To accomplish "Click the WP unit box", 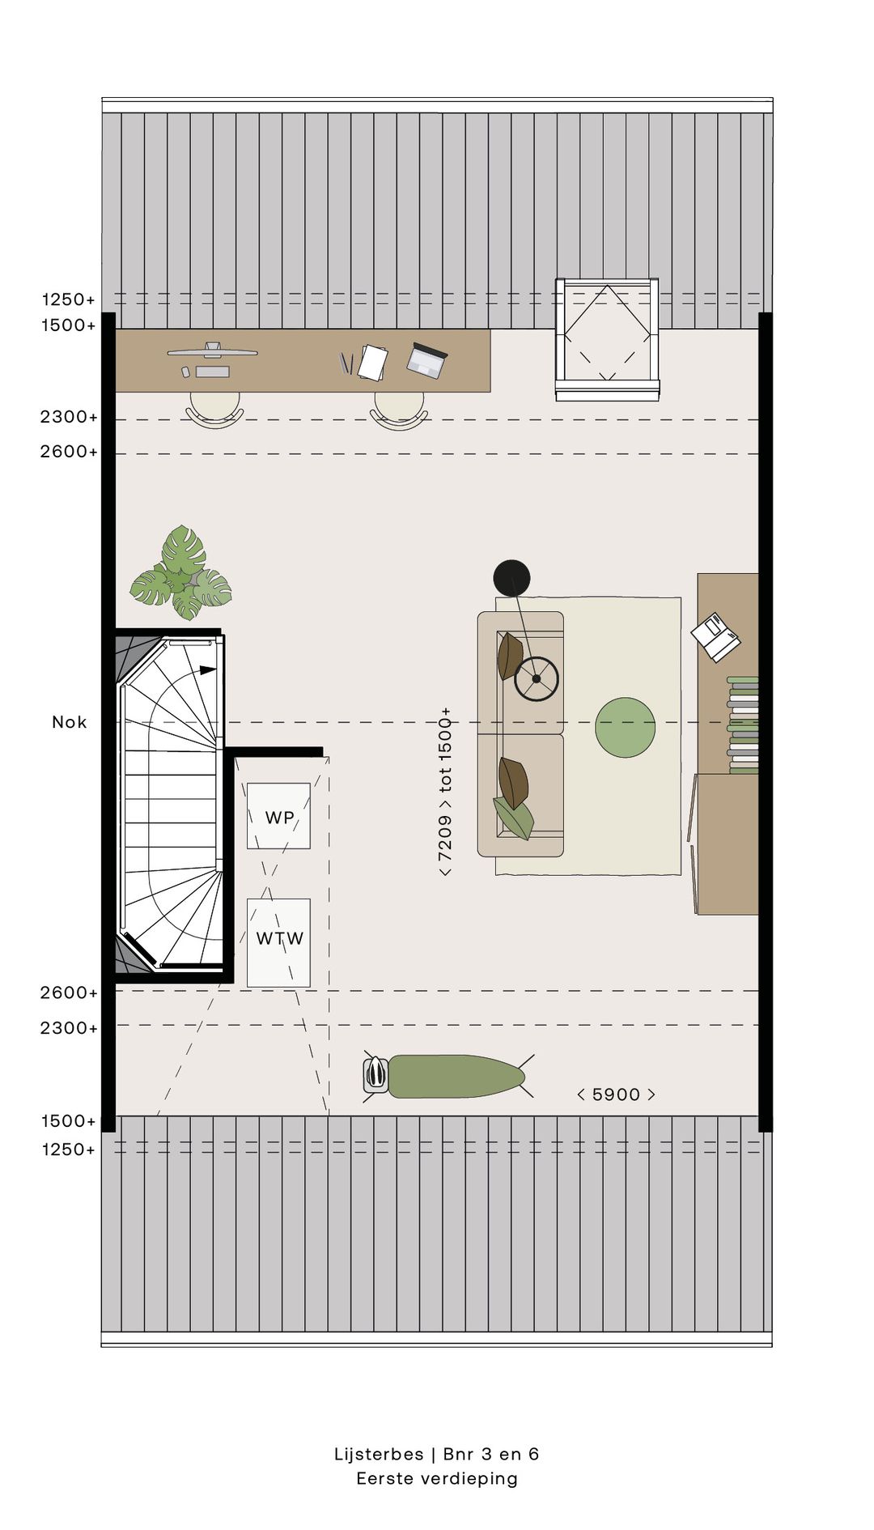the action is pyautogui.click(x=278, y=816).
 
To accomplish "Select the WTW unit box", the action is pyautogui.click(x=278, y=943).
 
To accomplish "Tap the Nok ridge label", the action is pyautogui.click(x=69, y=722).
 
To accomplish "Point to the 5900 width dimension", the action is pyautogui.click(x=616, y=1094).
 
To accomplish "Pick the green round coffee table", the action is pyautogui.click(x=625, y=728).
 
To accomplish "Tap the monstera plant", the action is pyautogui.click(x=181, y=573).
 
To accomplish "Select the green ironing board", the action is pyautogui.click(x=456, y=1077).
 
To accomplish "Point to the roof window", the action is pyautogui.click(x=607, y=338).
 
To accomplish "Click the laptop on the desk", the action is pyautogui.click(x=426, y=360).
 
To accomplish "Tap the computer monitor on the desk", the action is pyautogui.click(x=212, y=351).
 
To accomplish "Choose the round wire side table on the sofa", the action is pyautogui.click(x=537, y=678).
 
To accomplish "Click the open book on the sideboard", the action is pyautogui.click(x=715, y=637).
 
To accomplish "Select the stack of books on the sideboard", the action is pyautogui.click(x=743, y=725).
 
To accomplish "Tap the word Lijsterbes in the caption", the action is pyautogui.click(x=379, y=1454).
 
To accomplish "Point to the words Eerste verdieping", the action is pyautogui.click(x=437, y=1479).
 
